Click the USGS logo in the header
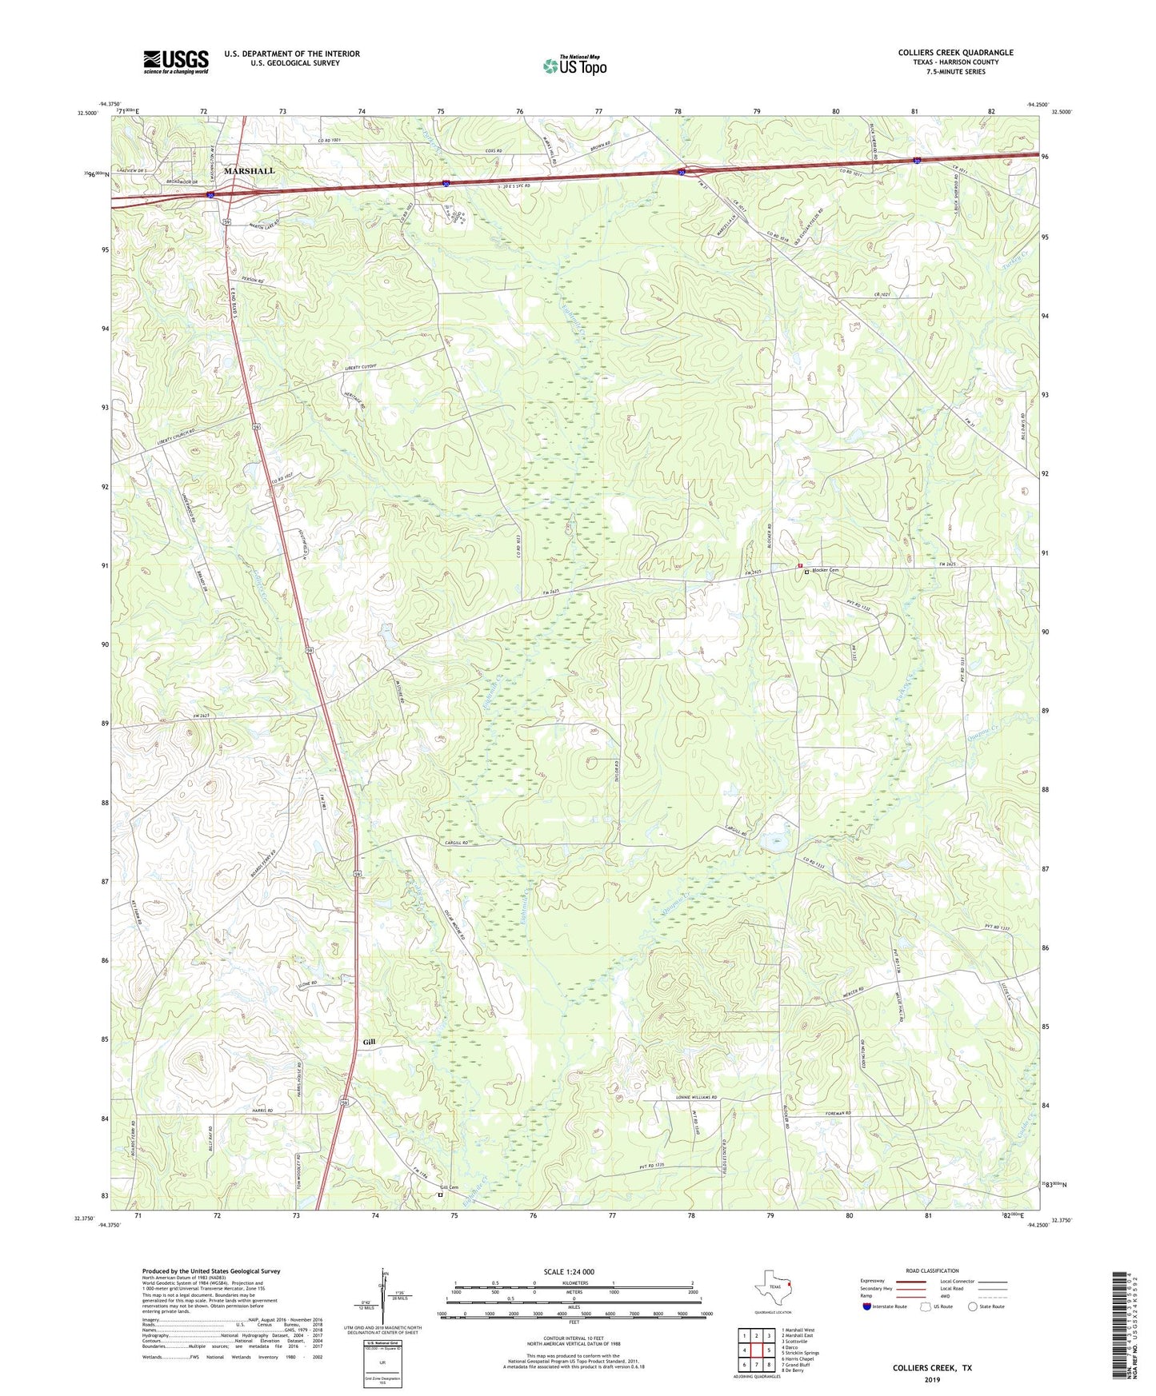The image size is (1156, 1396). [x=175, y=62]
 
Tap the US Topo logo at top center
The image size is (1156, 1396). [x=574, y=66]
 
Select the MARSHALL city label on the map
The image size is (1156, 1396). [x=249, y=171]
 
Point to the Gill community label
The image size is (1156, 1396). [x=369, y=1043]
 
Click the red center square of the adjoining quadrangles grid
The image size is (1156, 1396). [x=756, y=1351]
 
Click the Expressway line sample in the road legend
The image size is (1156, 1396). [x=914, y=1282]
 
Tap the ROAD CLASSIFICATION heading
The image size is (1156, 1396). [x=932, y=1270]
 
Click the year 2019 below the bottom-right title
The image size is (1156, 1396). [x=932, y=1379]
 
